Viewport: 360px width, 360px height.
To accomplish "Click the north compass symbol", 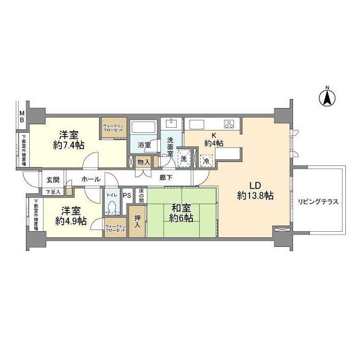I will pos(326,98).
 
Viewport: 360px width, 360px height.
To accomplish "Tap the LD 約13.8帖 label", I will pos(255,191).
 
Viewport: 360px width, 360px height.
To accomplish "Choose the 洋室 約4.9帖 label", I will pos(70,217).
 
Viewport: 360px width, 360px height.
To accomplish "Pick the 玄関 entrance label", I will pos(52,179).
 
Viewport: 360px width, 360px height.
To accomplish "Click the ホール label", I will pos(91,179).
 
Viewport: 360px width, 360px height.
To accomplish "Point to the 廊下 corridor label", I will pos(165,177).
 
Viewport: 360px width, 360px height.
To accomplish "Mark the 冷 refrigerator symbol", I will pos(207,160).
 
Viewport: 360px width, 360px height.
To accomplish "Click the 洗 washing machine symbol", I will pos(183,159).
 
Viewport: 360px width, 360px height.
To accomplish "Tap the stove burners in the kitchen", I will pos(229,124).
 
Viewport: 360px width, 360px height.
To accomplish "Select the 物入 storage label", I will pos(144,163).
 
